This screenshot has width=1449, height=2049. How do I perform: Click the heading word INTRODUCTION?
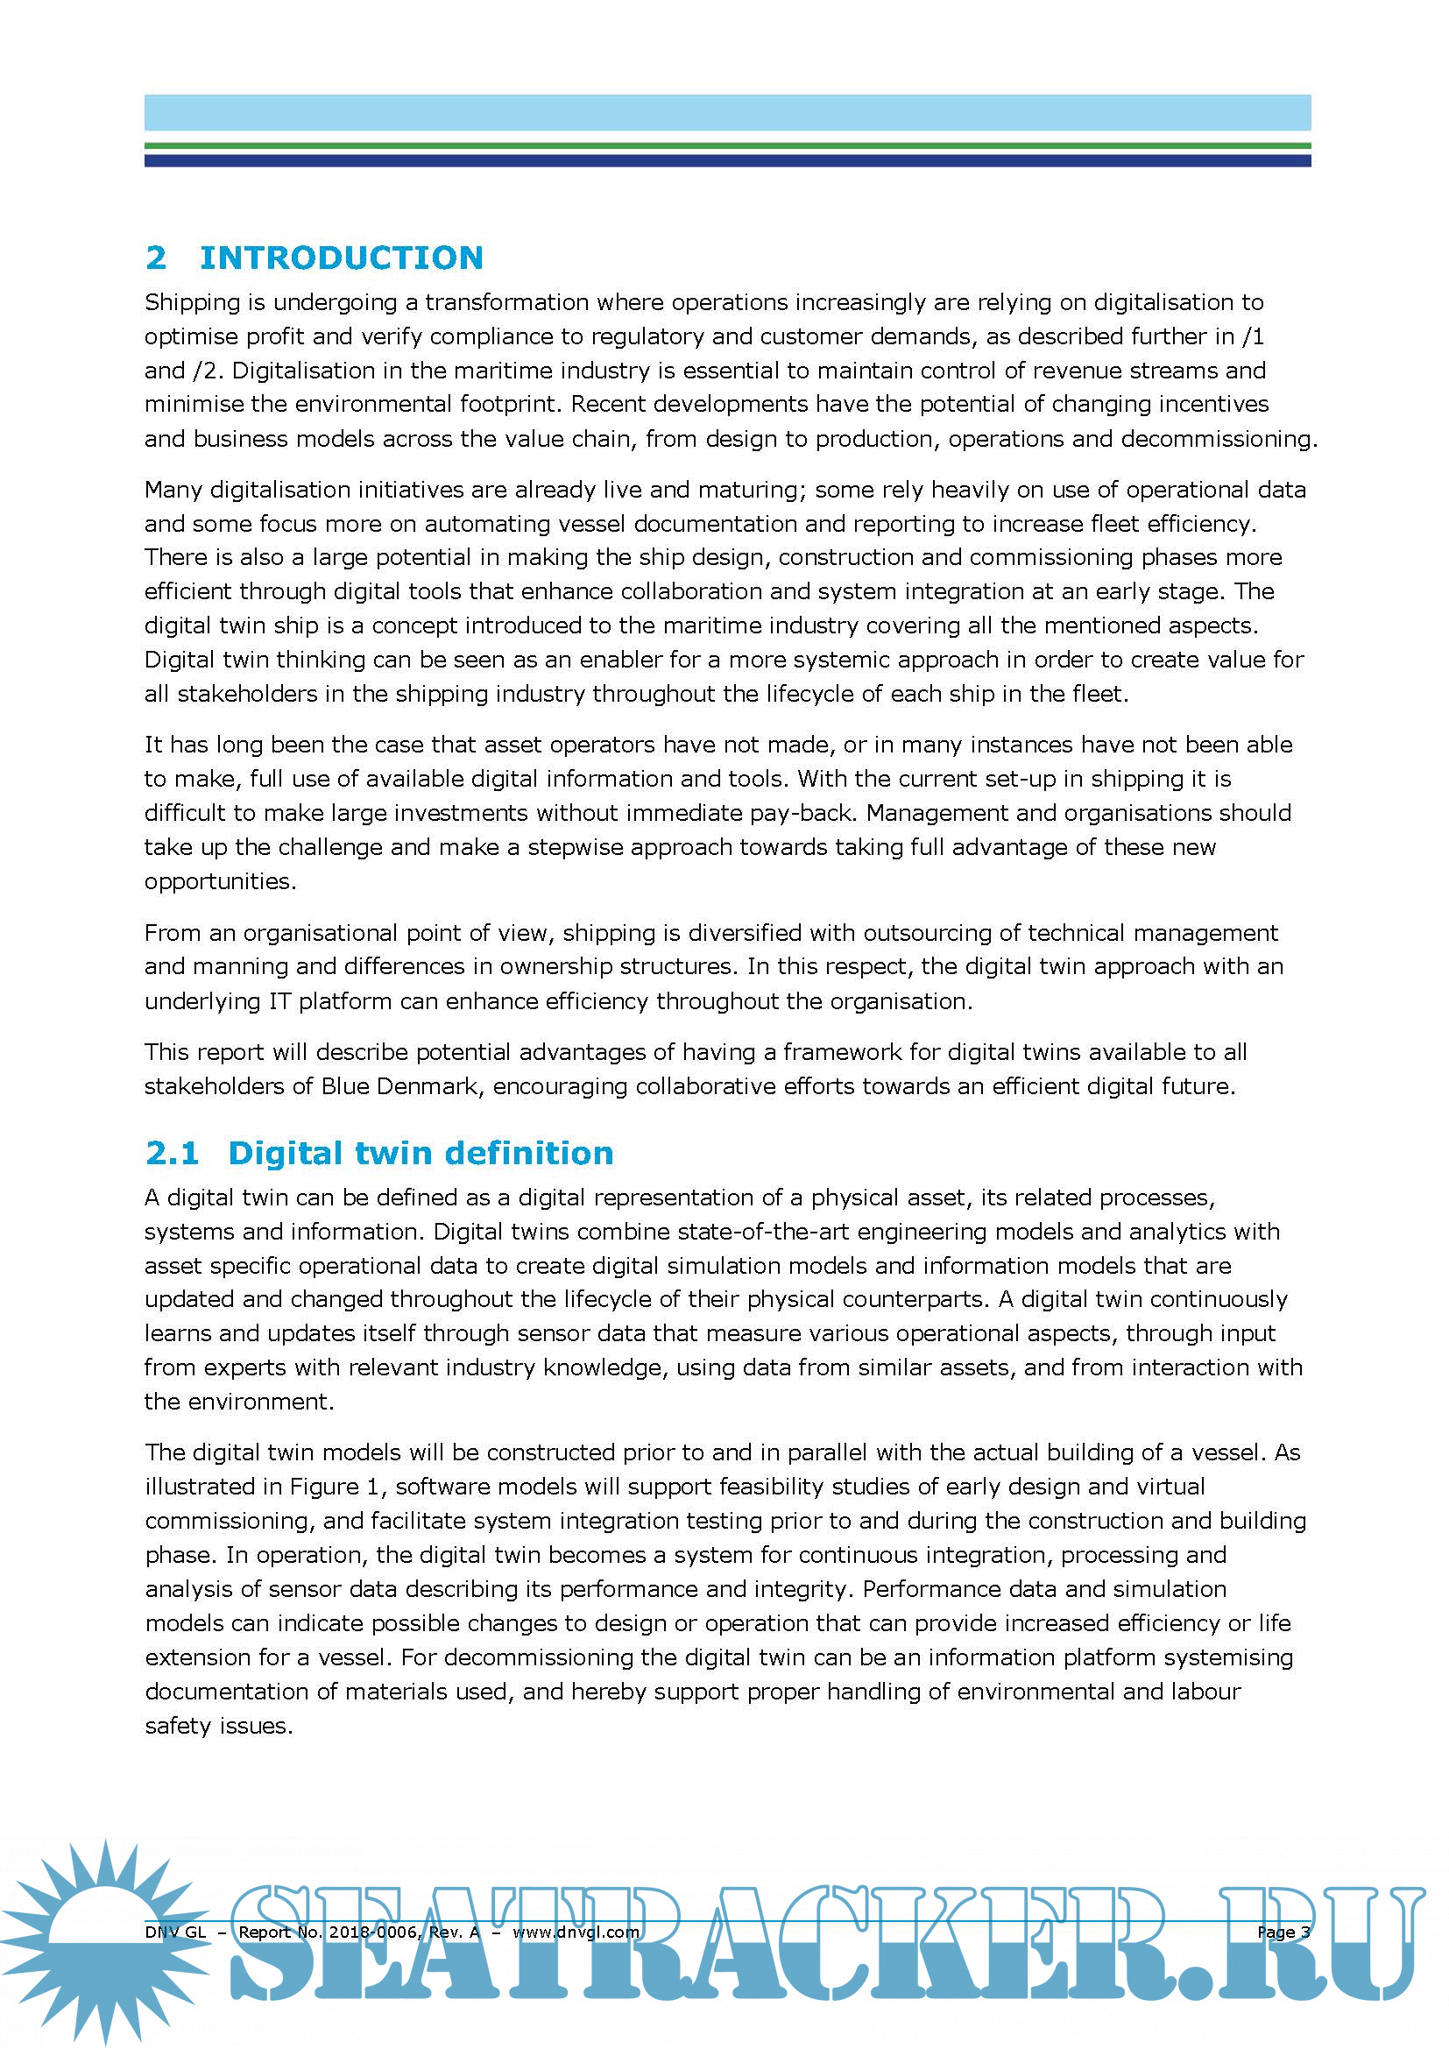(x=341, y=258)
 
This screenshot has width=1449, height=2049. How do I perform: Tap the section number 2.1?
(x=172, y=1153)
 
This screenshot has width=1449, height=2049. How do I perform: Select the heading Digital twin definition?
(x=421, y=1153)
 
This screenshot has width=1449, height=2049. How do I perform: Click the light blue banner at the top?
(x=727, y=113)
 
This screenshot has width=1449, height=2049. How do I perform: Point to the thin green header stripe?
(x=727, y=145)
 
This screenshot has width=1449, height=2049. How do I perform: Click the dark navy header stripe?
(x=727, y=160)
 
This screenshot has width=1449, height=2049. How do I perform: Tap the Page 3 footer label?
(x=1283, y=1932)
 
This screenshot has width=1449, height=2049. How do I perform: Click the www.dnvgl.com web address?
(x=576, y=1932)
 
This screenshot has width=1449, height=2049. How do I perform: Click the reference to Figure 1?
(x=336, y=1486)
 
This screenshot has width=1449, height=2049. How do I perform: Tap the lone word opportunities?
(x=220, y=882)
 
